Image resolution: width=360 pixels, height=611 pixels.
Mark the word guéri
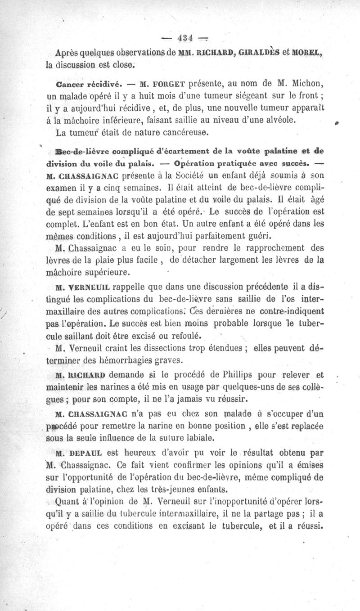(261, 236)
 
